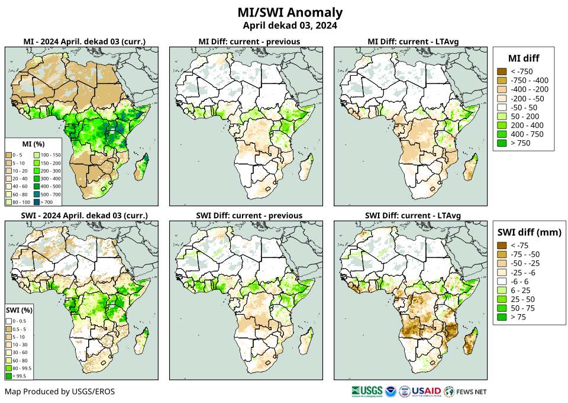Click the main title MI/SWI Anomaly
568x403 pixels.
coord(290,12)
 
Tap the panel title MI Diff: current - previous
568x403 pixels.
coord(249,41)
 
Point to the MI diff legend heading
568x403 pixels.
coord(524,57)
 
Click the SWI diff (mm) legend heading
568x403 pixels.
coord(529,232)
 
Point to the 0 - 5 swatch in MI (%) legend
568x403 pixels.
coord(11,154)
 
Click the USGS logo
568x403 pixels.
coord(366,391)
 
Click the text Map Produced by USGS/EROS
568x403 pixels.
coord(60,392)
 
